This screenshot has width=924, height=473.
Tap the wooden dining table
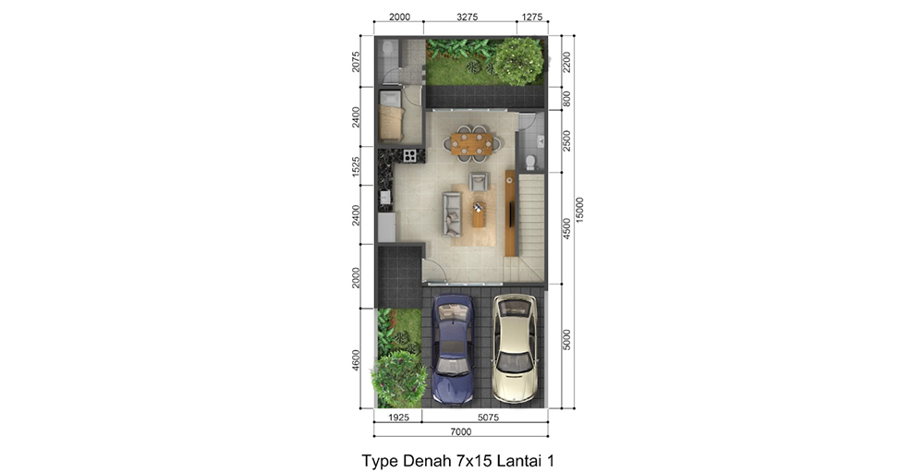coord(470,143)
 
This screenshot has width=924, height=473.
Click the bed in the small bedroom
coord(391,121)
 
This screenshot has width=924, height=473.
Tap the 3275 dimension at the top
coord(467,17)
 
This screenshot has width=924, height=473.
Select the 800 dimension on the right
coord(567,99)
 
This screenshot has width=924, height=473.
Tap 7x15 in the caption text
coord(468,459)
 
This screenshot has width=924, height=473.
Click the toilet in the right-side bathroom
coord(530,162)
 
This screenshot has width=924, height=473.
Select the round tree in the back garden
coord(517,61)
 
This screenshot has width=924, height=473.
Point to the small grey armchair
coord(479,181)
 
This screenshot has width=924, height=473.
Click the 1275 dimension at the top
coord(532,17)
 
